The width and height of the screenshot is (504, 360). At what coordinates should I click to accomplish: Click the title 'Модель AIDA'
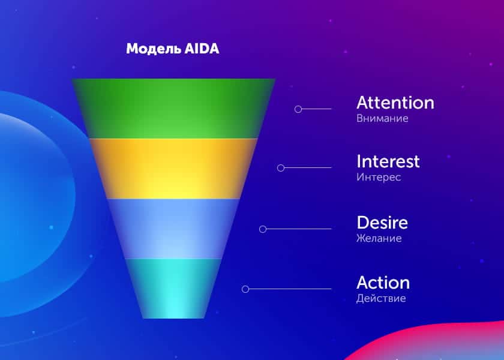click(x=173, y=49)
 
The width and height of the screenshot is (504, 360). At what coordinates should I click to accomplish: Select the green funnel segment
click(x=173, y=109)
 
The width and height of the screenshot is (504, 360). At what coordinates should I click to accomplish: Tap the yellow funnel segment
click(x=173, y=169)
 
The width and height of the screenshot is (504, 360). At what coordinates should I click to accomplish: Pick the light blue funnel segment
click(x=173, y=229)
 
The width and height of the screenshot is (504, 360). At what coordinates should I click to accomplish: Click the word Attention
click(x=395, y=103)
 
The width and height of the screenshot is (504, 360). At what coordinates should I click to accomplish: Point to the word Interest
click(x=388, y=161)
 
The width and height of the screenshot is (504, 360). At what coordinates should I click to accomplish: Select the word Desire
click(x=382, y=223)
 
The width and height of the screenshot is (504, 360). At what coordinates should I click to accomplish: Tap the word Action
click(x=383, y=283)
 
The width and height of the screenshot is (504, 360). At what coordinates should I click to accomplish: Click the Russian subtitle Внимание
click(x=382, y=118)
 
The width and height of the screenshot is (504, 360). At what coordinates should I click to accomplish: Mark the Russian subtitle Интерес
click(x=378, y=178)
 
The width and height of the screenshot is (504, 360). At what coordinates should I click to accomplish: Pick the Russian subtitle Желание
click(x=379, y=238)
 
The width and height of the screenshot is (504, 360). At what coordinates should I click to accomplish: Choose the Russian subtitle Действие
click(x=380, y=298)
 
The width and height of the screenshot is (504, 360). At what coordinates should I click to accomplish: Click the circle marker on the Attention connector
click(x=298, y=109)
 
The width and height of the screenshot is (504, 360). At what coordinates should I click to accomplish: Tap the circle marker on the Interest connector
click(x=281, y=168)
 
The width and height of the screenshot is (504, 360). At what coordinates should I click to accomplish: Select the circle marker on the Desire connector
click(x=263, y=229)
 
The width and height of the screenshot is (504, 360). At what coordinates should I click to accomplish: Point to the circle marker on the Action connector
click(x=245, y=289)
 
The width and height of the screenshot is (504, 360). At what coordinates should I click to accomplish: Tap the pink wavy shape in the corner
click(x=432, y=345)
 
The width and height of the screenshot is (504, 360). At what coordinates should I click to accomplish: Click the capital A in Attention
click(x=362, y=103)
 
